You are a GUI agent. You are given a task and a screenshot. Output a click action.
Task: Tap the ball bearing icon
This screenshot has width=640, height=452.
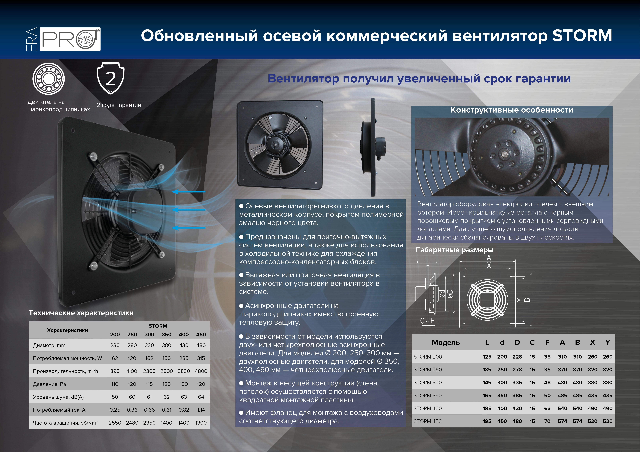coord(49,79)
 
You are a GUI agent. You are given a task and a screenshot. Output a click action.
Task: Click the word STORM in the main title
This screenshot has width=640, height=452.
coord(582,36)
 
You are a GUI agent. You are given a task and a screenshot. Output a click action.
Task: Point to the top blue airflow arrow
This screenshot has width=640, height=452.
coord(189,192)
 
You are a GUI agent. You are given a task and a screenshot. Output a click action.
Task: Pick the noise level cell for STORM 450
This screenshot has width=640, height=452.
coord(201,397)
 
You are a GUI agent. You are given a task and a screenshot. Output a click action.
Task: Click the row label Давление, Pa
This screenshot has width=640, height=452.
coord(50,384)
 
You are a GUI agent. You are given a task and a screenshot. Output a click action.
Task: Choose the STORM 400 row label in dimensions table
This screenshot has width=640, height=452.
coord(428,408)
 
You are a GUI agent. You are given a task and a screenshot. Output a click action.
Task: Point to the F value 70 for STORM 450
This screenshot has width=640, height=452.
coord(547,421)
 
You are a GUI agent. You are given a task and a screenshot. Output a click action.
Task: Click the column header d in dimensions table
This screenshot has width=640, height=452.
coord(502,342)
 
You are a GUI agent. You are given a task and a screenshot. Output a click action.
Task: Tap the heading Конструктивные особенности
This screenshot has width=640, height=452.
coord(512,110)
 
